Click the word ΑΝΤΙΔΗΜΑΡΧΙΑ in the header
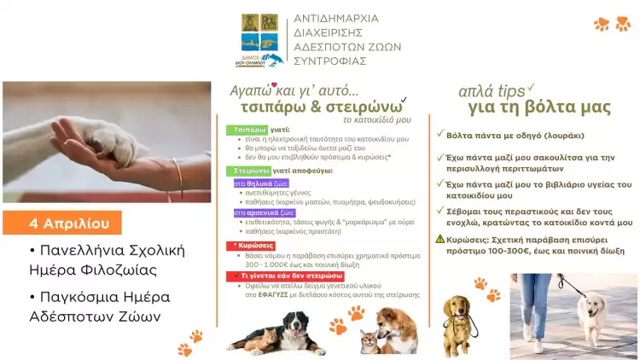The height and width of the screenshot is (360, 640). coord(335,18)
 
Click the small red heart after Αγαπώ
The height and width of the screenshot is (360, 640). coord(274,84)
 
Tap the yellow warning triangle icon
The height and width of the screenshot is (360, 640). coord(440,239)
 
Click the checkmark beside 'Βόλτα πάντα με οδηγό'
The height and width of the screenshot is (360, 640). coord(439,134)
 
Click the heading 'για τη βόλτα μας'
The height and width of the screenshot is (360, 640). coord(538,107)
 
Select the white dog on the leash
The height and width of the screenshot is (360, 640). coord(591,311)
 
